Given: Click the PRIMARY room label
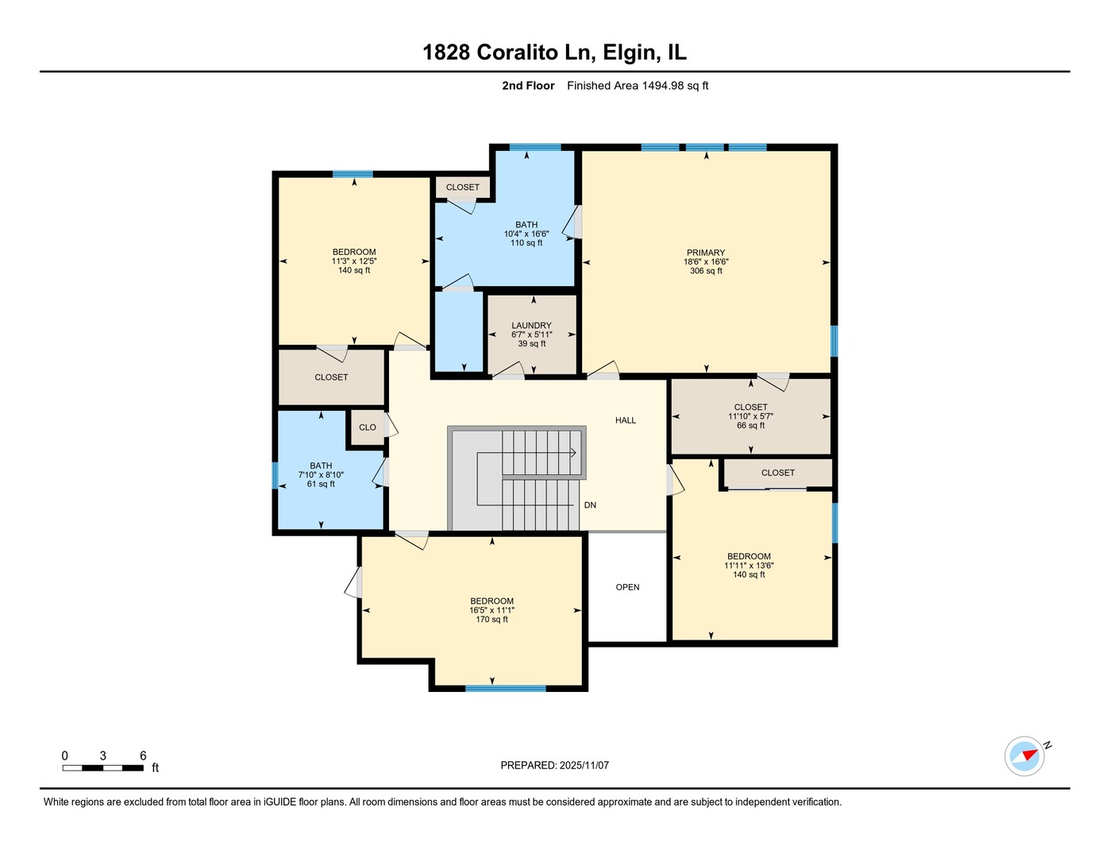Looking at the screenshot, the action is point(705,253).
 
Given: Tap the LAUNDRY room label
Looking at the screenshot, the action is point(531,326).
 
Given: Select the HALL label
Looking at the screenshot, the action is point(625,420).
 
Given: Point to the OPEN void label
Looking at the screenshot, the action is point(627,587).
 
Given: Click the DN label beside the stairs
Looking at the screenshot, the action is point(590,505).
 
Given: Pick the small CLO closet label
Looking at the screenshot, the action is point(368,427).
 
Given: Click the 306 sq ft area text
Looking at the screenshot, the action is point(706,271).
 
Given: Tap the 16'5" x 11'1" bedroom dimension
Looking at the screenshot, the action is point(492,610).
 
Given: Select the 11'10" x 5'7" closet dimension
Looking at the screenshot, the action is point(750,416).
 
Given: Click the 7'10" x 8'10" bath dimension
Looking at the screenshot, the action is point(321,475).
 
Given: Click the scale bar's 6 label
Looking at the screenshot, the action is point(143,756).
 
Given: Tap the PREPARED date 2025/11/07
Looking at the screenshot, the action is point(584,765).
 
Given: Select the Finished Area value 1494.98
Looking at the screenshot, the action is point(662,85).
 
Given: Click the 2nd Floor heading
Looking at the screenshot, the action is point(528,85).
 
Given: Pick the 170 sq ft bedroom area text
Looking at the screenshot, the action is point(492,620).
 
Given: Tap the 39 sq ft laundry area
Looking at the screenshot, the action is point(532,343).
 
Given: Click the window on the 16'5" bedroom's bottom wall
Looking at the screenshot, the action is point(505,688).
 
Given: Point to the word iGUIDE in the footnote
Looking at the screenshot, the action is point(280,802).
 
